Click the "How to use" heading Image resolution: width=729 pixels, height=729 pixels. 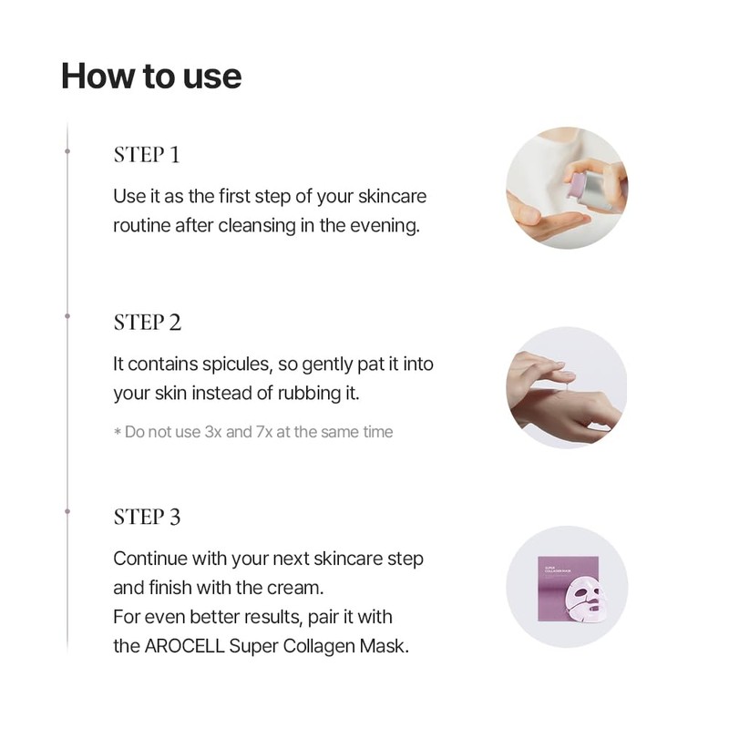click(x=151, y=76)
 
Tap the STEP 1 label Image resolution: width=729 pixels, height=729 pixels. click(x=147, y=154)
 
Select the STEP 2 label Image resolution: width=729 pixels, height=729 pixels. click(x=148, y=322)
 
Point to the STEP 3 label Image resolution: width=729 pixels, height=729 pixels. click(x=148, y=517)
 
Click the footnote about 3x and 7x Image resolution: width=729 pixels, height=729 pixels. click(x=253, y=431)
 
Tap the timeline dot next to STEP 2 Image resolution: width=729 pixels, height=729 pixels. click(x=67, y=316)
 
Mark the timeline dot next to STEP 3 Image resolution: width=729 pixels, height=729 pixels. click(x=67, y=511)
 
